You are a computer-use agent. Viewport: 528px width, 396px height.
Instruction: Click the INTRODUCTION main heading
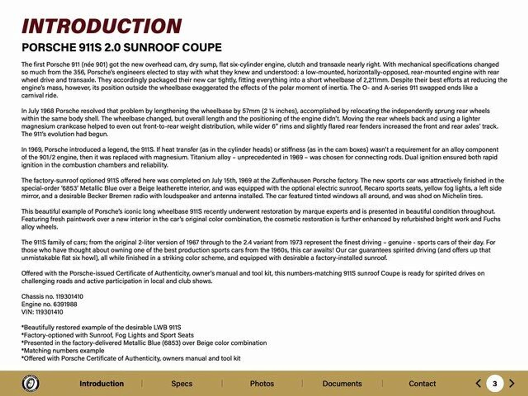click(x=101, y=26)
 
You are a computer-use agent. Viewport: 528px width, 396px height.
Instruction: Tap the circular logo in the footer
click(x=30, y=383)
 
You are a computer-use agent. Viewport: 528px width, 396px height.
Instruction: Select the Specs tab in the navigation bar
click(x=182, y=384)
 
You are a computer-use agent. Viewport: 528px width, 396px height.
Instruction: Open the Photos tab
click(x=262, y=384)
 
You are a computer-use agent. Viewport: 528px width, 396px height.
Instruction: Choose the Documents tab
click(x=342, y=384)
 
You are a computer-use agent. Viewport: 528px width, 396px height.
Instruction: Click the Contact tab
click(x=422, y=384)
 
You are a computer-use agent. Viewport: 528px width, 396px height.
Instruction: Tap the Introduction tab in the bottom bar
click(x=101, y=384)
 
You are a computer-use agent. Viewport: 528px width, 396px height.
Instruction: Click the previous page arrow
click(x=479, y=383)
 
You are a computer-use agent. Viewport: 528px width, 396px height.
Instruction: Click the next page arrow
click(x=512, y=383)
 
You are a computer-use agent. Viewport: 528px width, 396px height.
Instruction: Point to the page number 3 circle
click(x=495, y=383)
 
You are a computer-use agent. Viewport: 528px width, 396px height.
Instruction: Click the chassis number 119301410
click(x=69, y=296)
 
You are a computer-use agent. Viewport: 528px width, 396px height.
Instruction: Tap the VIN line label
click(x=27, y=312)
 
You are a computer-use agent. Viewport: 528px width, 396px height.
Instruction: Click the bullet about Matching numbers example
click(x=63, y=351)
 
